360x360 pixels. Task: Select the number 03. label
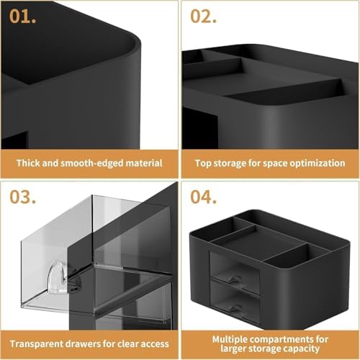click(x=23, y=196)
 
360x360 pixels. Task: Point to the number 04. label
click(x=204, y=196)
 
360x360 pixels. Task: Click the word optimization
click(x=315, y=163)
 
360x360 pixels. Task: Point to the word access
click(x=153, y=343)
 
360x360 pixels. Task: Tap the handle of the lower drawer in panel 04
click(x=233, y=307)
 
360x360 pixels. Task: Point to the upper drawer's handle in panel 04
click(x=234, y=279)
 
